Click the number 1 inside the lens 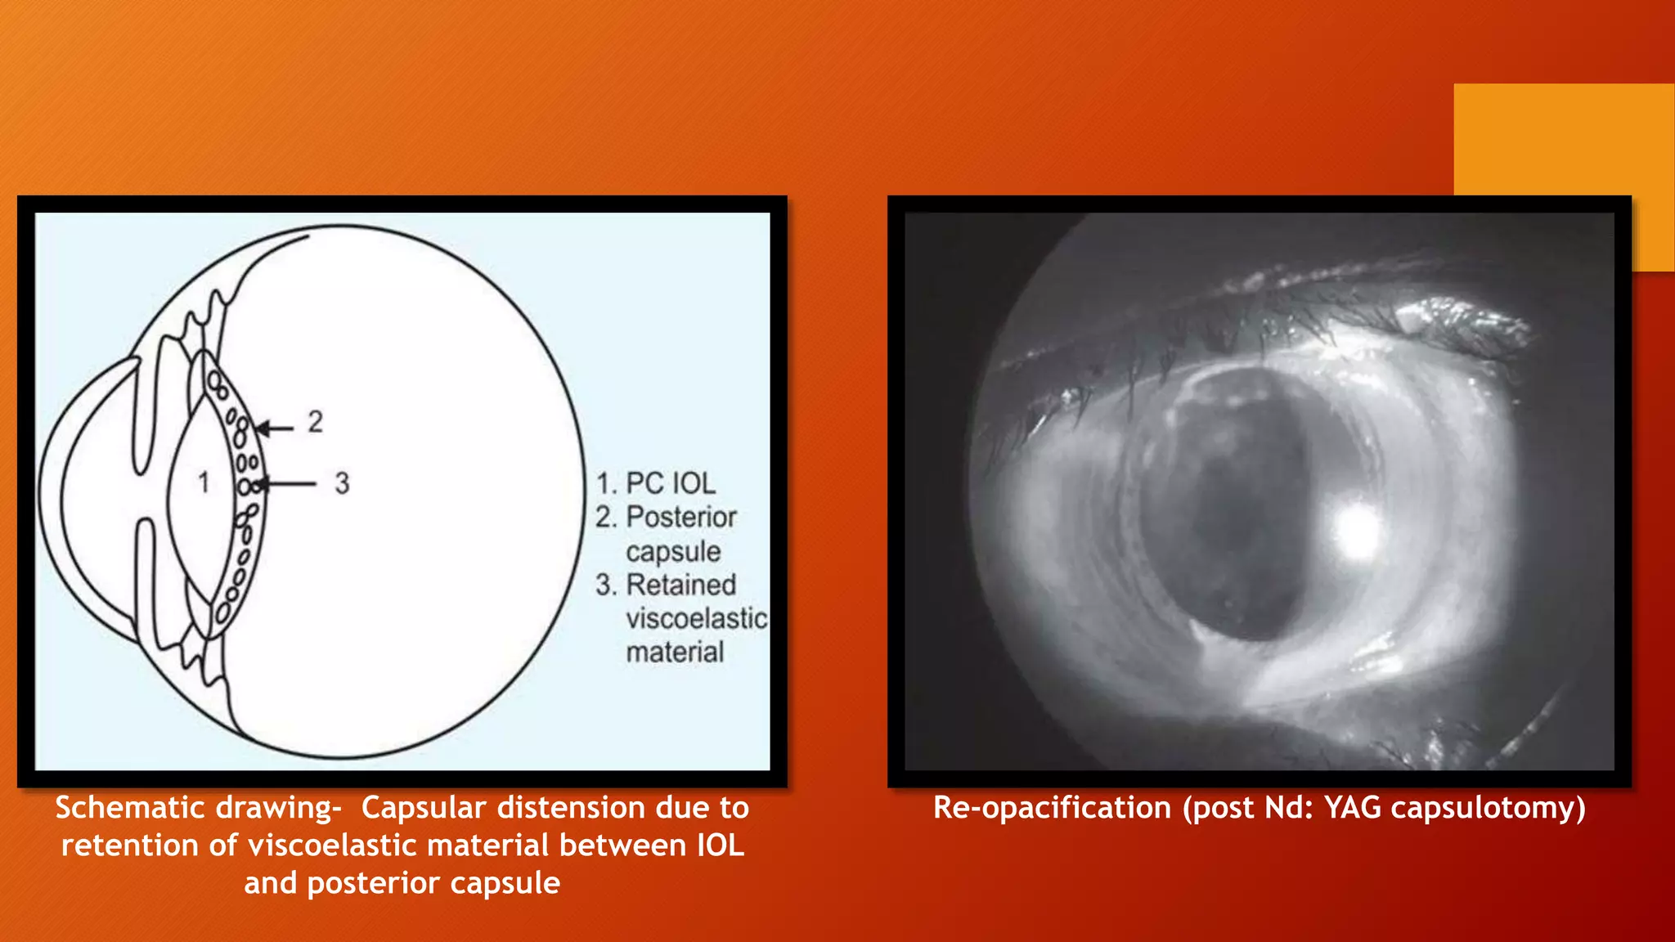204,482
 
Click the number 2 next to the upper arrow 316,422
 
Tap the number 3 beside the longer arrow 342,483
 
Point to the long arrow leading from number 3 286,484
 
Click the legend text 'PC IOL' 671,483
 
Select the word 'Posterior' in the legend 681,517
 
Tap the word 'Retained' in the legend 681,585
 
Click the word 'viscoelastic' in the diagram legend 696,618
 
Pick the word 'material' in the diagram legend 675,652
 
